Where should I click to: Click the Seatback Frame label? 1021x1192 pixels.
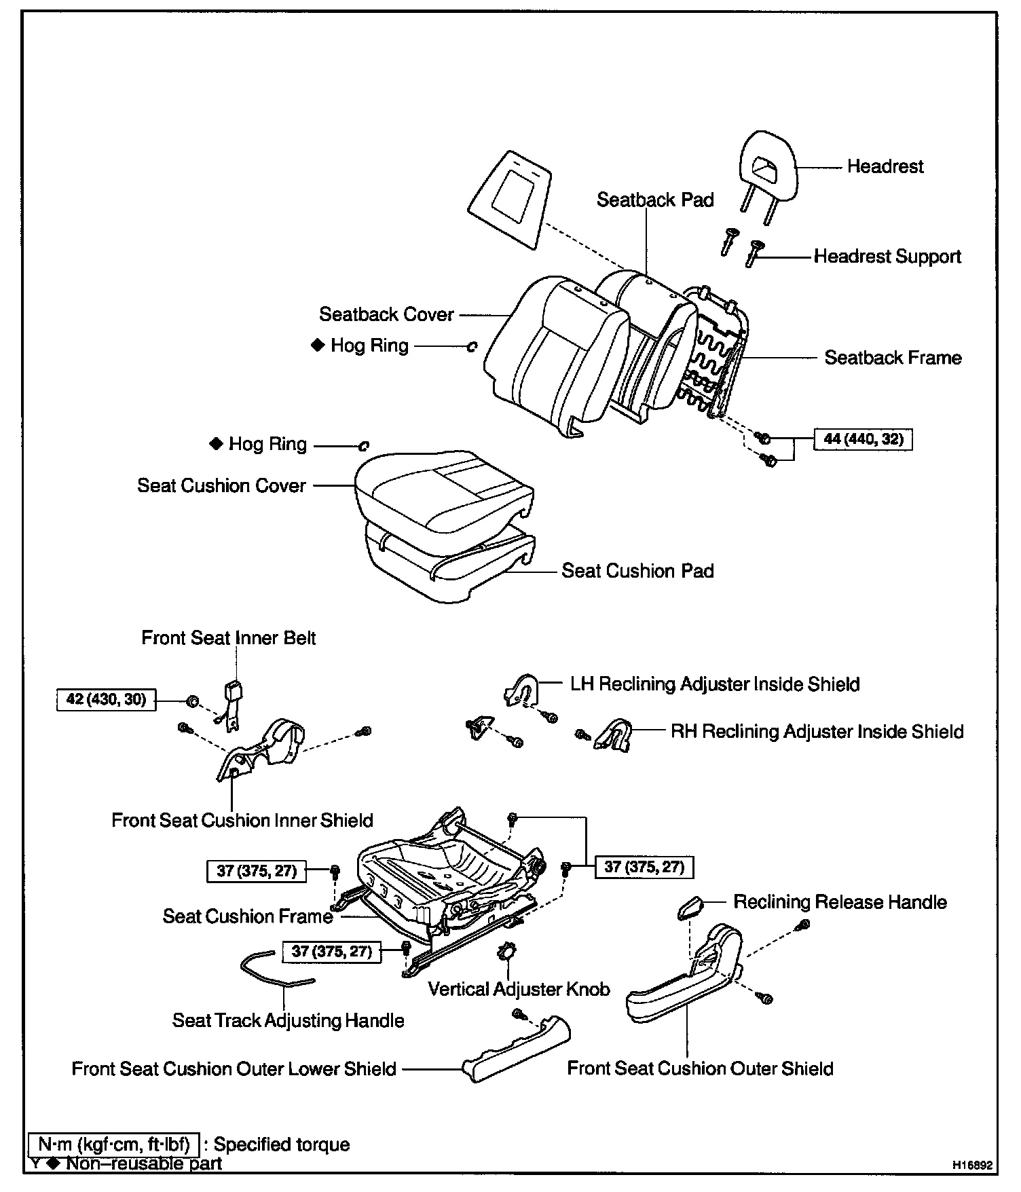893,358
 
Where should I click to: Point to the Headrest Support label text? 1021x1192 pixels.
887,257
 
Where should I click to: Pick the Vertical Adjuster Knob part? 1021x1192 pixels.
506,952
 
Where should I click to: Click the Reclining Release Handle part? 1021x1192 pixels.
690,908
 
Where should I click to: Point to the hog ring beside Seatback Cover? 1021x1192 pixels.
472,347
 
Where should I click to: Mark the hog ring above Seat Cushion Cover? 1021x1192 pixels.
363,446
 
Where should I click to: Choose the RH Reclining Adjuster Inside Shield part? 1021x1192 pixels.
613,734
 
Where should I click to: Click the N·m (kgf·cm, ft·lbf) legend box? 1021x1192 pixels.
113,1144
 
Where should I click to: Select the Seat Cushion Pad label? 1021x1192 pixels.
637,571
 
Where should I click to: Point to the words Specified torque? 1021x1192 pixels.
282,1144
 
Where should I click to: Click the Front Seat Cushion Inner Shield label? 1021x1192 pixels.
242,821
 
